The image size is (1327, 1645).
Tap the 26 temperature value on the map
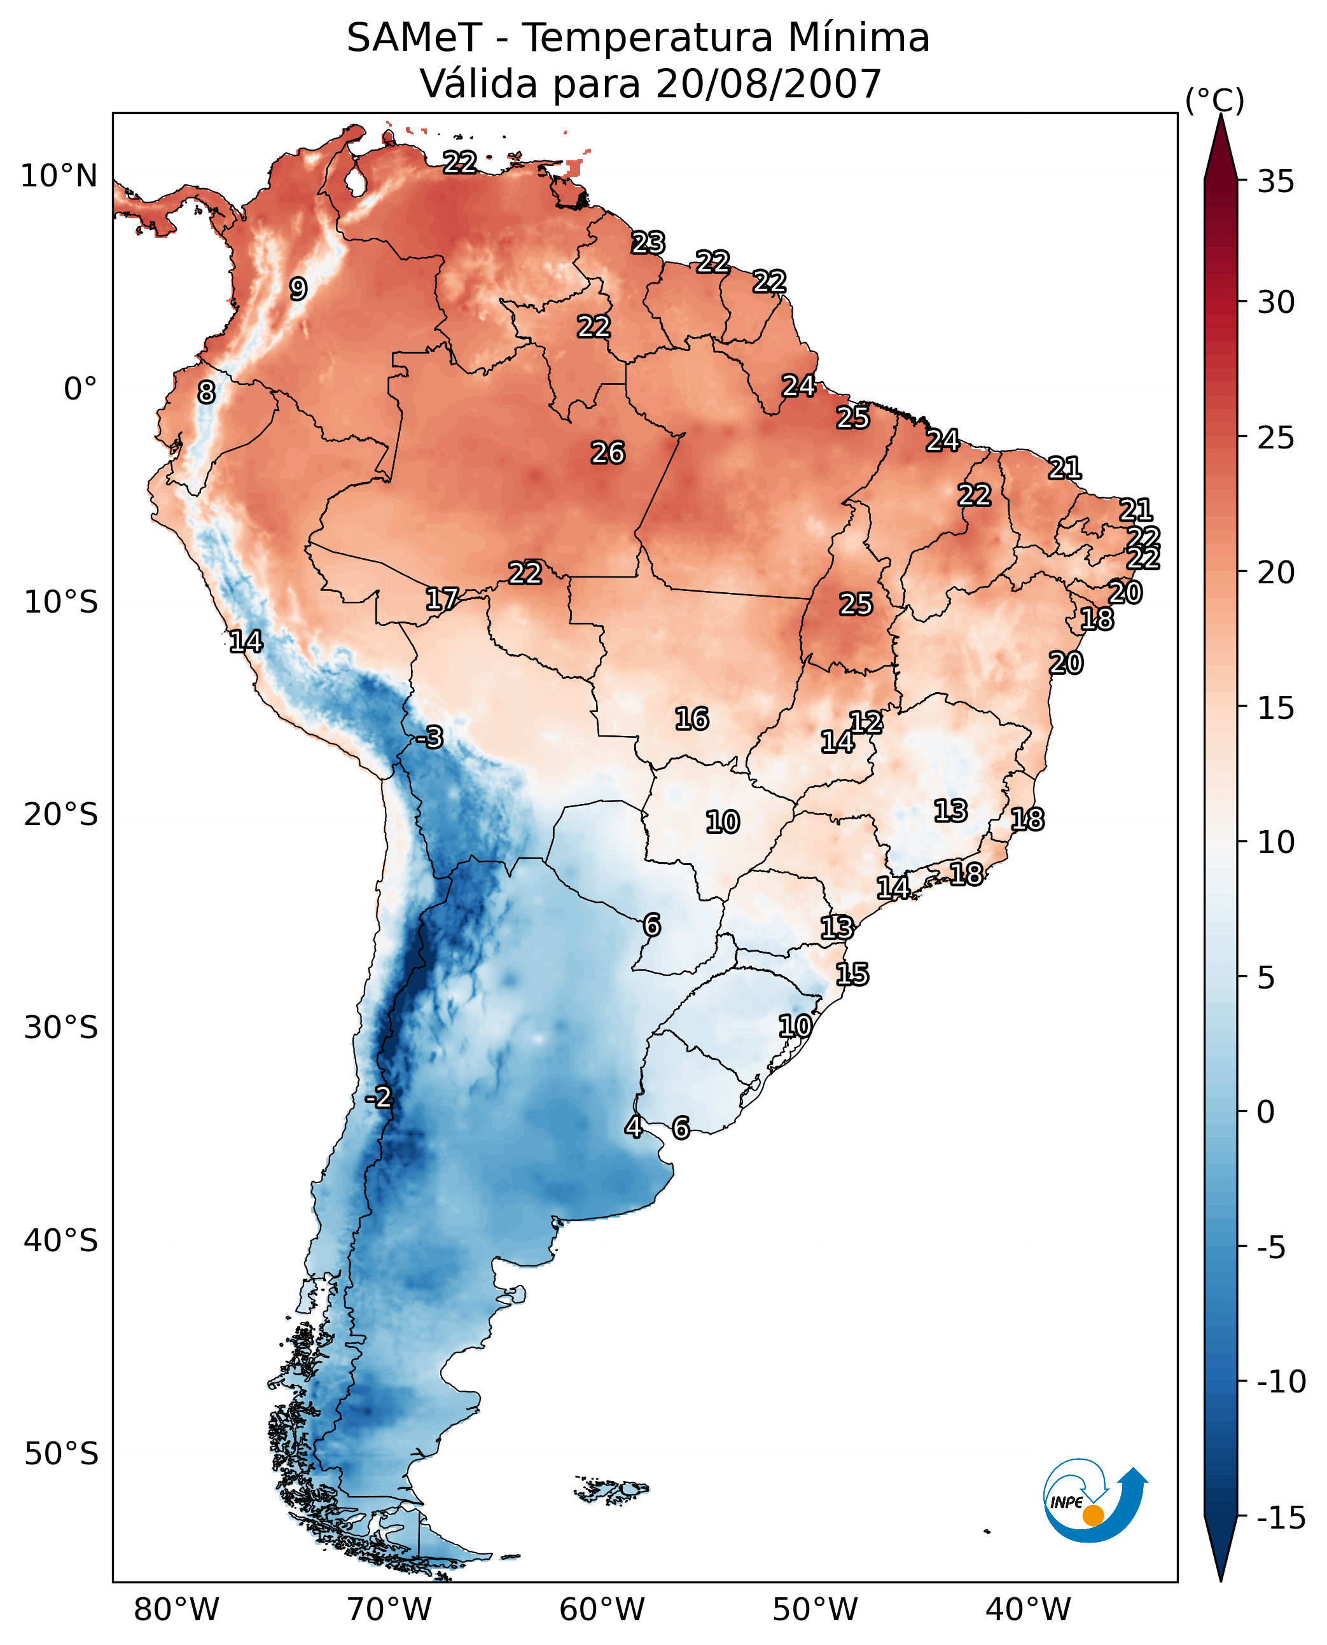click(x=608, y=454)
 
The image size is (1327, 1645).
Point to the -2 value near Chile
click(x=379, y=1098)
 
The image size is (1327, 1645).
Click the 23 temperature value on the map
click(x=648, y=243)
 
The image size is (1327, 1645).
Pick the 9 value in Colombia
click(x=298, y=289)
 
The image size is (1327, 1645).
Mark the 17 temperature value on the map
click(x=442, y=599)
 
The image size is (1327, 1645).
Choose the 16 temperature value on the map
click(x=691, y=719)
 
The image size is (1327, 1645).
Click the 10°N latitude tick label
click(x=59, y=177)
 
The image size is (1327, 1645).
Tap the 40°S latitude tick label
click(x=61, y=1240)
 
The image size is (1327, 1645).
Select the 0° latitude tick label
click(x=80, y=389)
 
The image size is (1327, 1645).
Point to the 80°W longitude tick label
click(x=177, y=1609)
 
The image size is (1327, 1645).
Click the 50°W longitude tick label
click(x=815, y=1609)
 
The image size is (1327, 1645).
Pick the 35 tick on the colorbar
click(x=1275, y=182)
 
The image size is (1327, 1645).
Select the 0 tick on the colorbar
click(x=1266, y=1111)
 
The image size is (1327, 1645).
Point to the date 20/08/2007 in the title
click(x=768, y=84)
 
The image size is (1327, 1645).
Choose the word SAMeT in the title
click(x=413, y=38)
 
